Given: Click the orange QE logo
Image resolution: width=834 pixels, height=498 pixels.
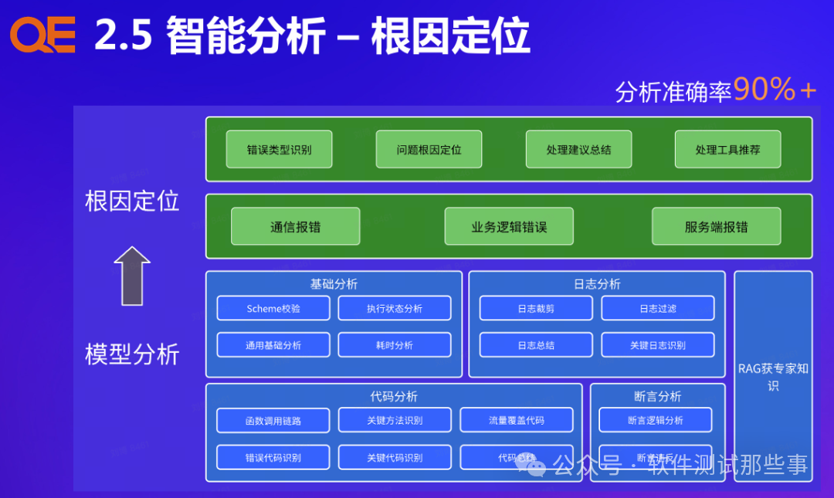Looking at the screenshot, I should [42, 36].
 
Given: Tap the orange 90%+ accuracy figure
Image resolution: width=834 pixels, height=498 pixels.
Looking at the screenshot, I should [775, 90].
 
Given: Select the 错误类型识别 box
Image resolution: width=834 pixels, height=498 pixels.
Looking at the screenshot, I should [279, 149].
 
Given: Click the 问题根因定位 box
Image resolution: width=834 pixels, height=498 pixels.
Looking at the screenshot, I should [429, 149].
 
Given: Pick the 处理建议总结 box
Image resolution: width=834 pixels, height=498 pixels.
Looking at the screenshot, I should [578, 149].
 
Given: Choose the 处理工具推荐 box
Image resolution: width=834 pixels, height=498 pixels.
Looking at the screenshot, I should [727, 149].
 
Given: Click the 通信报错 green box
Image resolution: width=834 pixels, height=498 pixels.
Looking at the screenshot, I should [295, 226].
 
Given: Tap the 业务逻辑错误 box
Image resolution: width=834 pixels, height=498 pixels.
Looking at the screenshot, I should [509, 226].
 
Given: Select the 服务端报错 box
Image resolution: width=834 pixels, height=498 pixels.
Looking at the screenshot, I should [716, 226].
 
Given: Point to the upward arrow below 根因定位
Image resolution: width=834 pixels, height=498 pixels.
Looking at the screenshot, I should [132, 276].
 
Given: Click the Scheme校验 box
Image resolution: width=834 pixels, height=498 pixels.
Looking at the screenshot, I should [273, 308].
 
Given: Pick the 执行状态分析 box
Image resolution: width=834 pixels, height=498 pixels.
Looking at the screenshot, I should [395, 308].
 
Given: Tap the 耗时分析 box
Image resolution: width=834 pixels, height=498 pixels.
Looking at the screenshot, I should [395, 344].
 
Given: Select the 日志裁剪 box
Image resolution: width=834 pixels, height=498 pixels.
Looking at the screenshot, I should [536, 308].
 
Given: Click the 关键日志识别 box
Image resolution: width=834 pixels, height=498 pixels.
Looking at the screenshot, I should [657, 344].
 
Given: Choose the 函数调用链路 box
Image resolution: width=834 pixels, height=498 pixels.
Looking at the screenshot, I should [273, 420].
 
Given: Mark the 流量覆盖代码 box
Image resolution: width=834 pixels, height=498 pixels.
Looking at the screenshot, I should [516, 420].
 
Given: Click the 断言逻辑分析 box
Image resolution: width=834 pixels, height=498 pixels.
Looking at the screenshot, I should [655, 420].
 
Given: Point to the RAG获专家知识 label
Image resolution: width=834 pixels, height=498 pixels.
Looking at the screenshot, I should [773, 376].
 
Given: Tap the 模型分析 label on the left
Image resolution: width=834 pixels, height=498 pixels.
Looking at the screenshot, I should [132, 354].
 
